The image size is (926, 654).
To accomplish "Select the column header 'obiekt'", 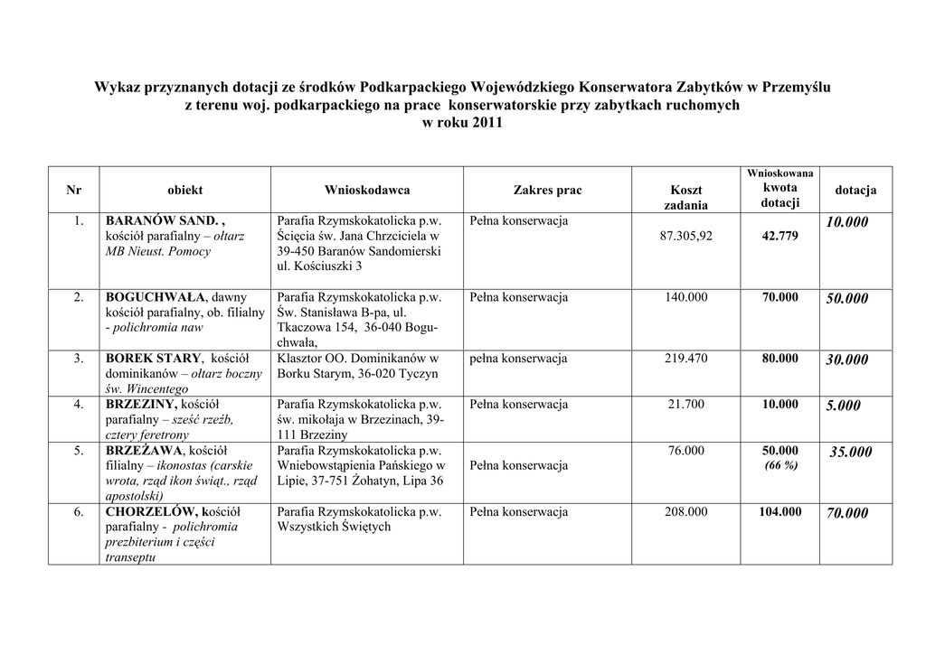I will click(x=184, y=191).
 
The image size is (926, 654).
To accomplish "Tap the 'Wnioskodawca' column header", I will click(x=367, y=191).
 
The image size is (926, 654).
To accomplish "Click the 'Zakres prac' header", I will click(x=548, y=191).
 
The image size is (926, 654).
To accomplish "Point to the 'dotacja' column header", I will click(x=855, y=191).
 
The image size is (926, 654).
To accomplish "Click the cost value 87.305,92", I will click(x=685, y=237).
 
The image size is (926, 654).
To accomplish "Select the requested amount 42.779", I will click(x=780, y=237).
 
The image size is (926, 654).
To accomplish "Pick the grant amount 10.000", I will click(x=846, y=222).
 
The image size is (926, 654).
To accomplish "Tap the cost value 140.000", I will click(x=685, y=297).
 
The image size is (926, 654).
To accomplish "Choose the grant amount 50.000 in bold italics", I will click(x=846, y=299).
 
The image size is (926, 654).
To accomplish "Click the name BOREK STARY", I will click(x=153, y=359).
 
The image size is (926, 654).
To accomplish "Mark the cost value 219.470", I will click(x=685, y=359).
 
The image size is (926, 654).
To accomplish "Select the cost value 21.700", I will click(x=685, y=405).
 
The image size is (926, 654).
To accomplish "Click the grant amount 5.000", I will click(x=843, y=406).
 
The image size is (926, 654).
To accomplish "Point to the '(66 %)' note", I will click(x=780, y=465).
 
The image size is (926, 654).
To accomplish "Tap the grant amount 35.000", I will click(x=851, y=453).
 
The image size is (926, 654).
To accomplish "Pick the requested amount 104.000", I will click(x=780, y=512).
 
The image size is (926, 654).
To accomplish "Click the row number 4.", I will click(x=80, y=405).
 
